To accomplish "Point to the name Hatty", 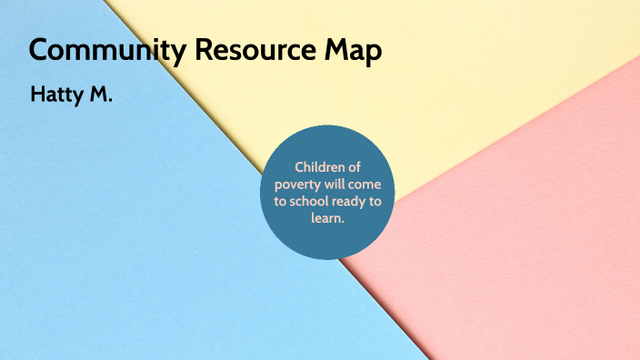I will tap(56, 95).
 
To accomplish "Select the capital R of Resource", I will tap(203, 51).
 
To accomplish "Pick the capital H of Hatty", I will tap(37, 95).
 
